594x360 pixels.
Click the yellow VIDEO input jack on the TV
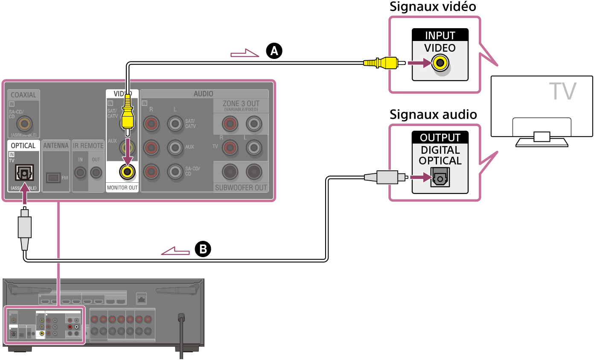pos(440,64)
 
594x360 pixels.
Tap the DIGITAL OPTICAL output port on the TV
pos(440,176)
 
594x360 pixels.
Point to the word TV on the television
pos(562,91)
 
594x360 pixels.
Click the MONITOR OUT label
pos(122,187)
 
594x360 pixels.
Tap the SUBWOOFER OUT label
pos(241,187)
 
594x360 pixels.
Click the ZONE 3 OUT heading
pos(241,104)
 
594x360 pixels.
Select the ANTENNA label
pos(56,146)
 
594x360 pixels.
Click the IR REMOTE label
pos(88,146)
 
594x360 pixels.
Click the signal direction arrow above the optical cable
pos(175,251)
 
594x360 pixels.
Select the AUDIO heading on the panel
pos(204,94)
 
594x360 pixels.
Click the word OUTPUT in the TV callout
pos(440,138)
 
